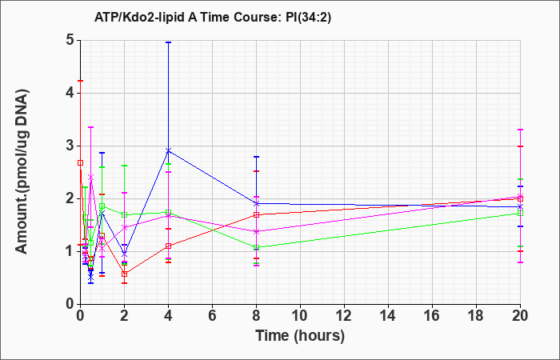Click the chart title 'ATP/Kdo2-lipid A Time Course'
pyautogui.click(x=186, y=17)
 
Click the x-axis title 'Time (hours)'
pyautogui.click(x=300, y=336)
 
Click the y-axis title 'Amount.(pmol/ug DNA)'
pyautogui.click(x=22, y=172)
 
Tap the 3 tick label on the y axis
pyautogui.click(x=70, y=146)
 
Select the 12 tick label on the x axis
pyautogui.click(x=344, y=316)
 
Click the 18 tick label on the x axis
pyautogui.click(x=477, y=316)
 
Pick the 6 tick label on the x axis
pyautogui.click(x=212, y=316)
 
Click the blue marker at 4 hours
pyautogui.click(x=168, y=150)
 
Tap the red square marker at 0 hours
pyautogui.click(x=80, y=163)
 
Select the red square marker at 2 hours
pyautogui.click(x=124, y=274)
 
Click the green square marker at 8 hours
pyautogui.click(x=256, y=247)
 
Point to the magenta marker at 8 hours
pyautogui.click(x=256, y=231)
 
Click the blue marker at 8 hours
pyautogui.click(x=256, y=203)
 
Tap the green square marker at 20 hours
pyautogui.click(x=520, y=214)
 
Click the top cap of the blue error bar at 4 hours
pyautogui.click(x=168, y=42)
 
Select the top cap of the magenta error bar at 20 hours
pyautogui.click(x=520, y=130)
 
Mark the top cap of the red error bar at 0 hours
pyautogui.click(x=80, y=81)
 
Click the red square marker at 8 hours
pyautogui.click(x=256, y=214)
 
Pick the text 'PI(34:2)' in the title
pyautogui.click(x=309, y=17)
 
